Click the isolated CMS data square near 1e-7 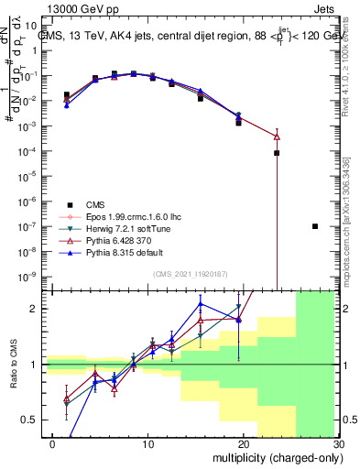tap(315, 226)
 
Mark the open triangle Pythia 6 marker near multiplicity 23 tap(276, 136)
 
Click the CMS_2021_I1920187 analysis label tap(194, 275)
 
